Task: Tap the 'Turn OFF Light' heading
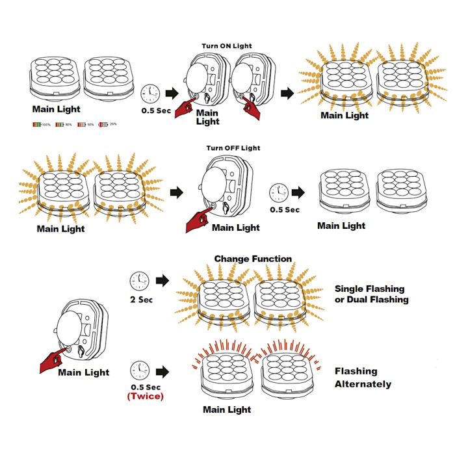pos(233,148)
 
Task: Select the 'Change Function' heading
pos(253,259)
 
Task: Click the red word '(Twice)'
pos(146,395)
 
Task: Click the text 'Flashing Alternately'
pos(363,378)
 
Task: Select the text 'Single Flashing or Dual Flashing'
pos(371,294)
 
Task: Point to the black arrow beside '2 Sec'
pos(162,281)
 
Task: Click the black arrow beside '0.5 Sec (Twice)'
pos(162,372)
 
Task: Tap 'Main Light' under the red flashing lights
pos(227,409)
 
